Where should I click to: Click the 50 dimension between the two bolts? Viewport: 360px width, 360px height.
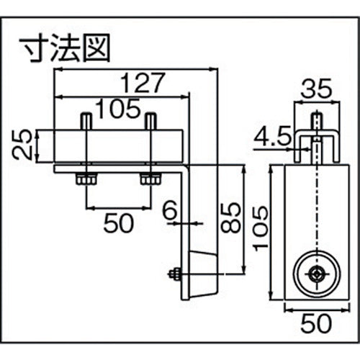tap(119, 224)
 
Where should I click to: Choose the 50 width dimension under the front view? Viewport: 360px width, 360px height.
tap(316, 326)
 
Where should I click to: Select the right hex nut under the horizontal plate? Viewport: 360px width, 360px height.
tap(150, 178)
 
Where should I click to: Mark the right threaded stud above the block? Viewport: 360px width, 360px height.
tap(150, 121)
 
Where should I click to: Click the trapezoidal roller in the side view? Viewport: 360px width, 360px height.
tap(204, 273)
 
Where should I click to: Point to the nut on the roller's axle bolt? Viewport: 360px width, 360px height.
tap(174, 274)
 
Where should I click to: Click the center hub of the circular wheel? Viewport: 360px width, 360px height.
tap(315, 273)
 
